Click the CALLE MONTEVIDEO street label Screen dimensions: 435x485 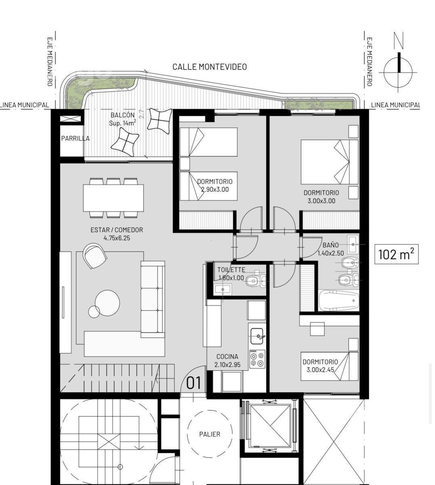pyautogui.click(x=210, y=67)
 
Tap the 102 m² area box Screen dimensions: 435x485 pyautogui.click(x=397, y=254)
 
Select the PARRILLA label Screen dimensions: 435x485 pyautogui.click(x=76, y=138)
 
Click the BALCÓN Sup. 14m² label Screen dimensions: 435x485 pyautogui.click(x=122, y=119)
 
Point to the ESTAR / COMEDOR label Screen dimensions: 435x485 pyautogui.click(x=117, y=230)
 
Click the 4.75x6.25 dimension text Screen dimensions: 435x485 pyautogui.click(x=117, y=238)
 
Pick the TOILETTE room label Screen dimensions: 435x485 pyautogui.click(x=231, y=270)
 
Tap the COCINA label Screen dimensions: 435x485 pyautogui.click(x=227, y=357)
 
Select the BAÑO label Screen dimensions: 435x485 pyautogui.click(x=331, y=245)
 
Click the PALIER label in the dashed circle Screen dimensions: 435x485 pyautogui.click(x=210, y=434)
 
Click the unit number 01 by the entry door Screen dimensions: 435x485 pyautogui.click(x=193, y=383)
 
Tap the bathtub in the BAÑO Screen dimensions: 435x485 pyautogui.click(x=339, y=300)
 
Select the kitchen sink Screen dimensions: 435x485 pyautogui.click(x=257, y=336)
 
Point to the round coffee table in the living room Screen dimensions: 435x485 pyautogui.click(x=107, y=303)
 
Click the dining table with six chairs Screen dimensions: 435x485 pyautogui.click(x=113, y=198)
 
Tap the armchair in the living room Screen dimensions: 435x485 pyautogui.click(x=95, y=256)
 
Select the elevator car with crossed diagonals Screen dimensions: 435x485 pyautogui.click(x=270, y=426)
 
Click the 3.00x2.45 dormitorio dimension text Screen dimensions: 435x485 pyautogui.click(x=320, y=370)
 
